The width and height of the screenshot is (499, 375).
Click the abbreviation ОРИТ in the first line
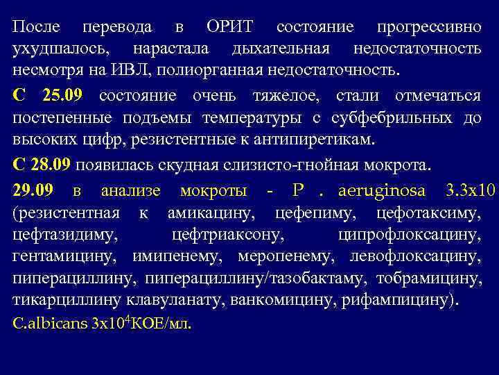[x=230, y=28]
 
